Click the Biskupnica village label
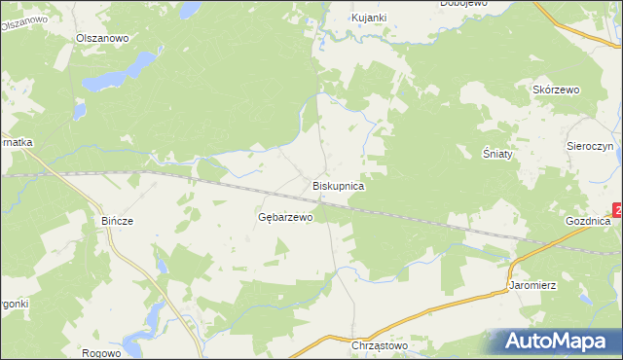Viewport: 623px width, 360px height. (x=338, y=185)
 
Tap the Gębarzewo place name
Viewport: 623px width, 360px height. (x=285, y=217)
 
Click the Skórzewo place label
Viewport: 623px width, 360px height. (x=556, y=90)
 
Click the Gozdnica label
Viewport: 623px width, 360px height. (x=587, y=222)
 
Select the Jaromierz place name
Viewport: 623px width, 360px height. (x=531, y=287)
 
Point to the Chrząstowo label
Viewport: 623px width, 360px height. (x=378, y=345)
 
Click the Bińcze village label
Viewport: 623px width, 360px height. (x=117, y=221)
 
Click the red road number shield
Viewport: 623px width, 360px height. (x=618, y=210)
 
